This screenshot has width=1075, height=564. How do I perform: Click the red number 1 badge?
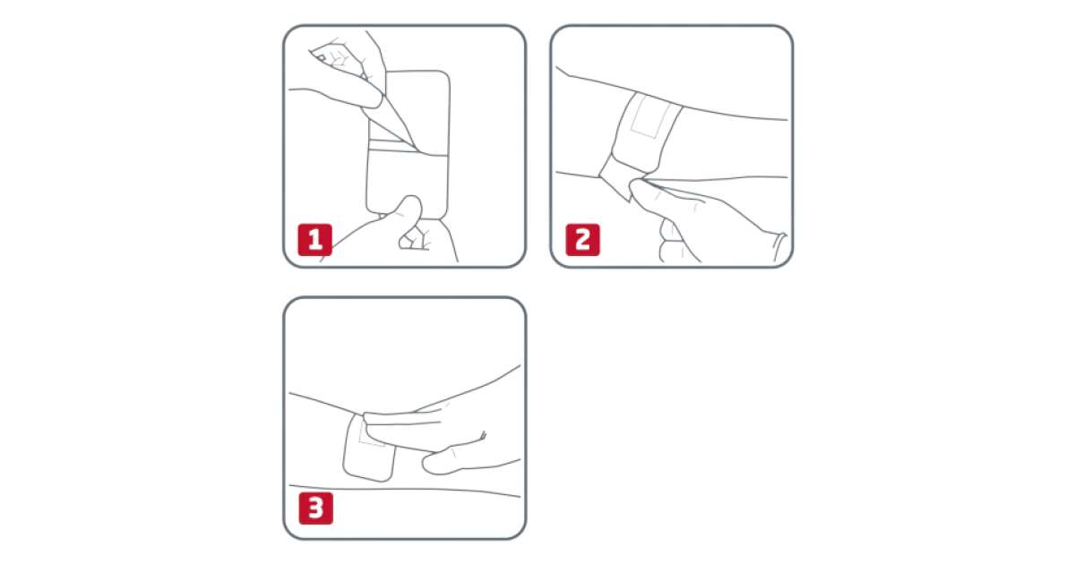[314, 240]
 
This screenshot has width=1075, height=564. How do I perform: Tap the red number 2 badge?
[582, 240]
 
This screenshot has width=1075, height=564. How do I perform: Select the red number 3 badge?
[315, 508]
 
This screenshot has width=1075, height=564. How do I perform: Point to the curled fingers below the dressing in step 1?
[414, 238]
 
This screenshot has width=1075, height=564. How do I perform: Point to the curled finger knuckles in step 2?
[672, 240]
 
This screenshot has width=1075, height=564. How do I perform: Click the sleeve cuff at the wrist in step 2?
[779, 247]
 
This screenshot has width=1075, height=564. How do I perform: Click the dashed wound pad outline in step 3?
[372, 437]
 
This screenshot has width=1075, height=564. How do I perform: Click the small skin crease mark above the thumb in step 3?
[482, 435]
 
